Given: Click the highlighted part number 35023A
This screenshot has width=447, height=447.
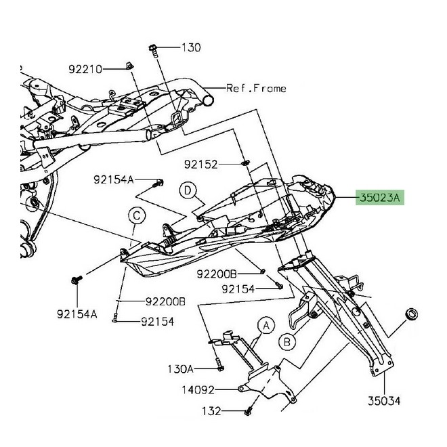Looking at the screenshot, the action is tap(380, 197).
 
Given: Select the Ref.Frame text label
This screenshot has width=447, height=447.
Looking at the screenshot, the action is tap(256, 88).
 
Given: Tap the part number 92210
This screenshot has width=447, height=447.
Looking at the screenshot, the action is tap(85, 69).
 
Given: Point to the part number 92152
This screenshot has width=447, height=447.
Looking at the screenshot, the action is tap(200, 165).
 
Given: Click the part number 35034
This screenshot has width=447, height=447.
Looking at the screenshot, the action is tap(384, 401).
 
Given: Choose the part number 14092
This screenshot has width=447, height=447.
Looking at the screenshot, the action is tap(198, 389).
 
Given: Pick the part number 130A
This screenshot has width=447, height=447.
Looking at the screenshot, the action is tap(180, 369).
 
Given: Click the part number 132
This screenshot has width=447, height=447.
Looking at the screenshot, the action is tap(211, 411).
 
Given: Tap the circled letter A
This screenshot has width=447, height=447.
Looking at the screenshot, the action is tap(266, 325).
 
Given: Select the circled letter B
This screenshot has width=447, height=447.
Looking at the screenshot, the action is tap(287, 341).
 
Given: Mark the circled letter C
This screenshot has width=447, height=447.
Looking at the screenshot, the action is tap(137, 216).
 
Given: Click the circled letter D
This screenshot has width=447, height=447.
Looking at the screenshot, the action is tap(188, 190).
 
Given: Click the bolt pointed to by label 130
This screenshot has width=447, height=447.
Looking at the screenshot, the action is tap(154, 51).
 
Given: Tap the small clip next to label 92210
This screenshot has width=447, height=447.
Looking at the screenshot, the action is tap(130, 66).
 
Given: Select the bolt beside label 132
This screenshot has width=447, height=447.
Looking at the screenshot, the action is tap(248, 411).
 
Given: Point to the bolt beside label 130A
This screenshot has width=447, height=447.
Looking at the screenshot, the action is tap(219, 364).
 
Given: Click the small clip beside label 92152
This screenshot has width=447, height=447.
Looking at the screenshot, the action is tap(245, 163).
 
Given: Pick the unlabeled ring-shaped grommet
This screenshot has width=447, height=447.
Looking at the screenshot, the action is tap(411, 314).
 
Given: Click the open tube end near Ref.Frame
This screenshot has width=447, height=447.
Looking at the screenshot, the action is tap(208, 100).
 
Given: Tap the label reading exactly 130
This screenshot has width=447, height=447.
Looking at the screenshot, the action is tap(191, 47).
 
